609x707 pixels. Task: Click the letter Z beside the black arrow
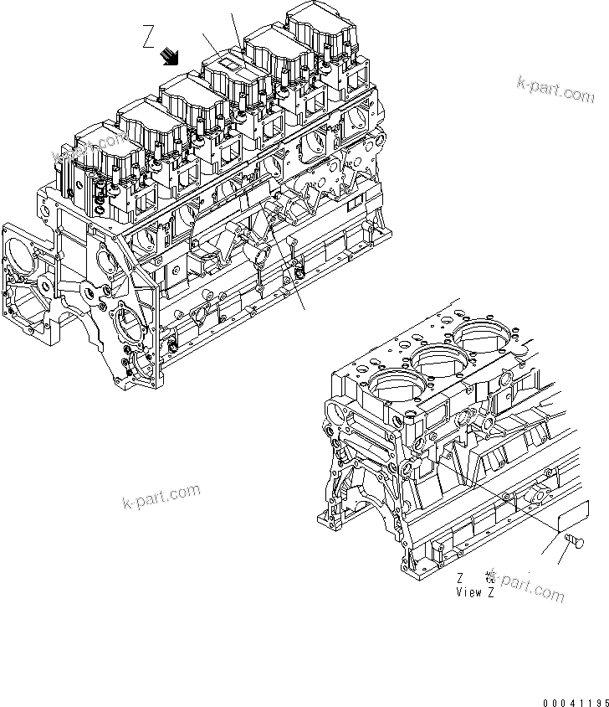click(x=148, y=37)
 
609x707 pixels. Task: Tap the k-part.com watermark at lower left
click(x=162, y=498)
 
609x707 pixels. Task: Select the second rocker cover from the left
click(x=143, y=118)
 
